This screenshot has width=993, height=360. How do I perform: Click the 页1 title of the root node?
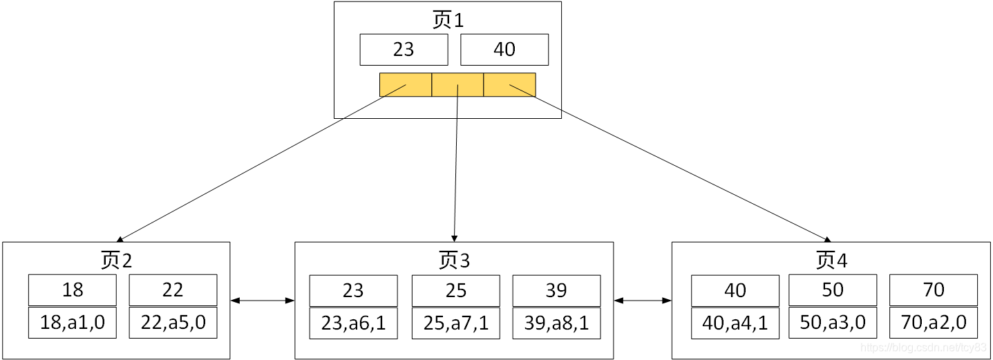point(448,20)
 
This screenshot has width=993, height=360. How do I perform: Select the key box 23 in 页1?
point(404,50)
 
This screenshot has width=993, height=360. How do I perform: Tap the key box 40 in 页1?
point(504,50)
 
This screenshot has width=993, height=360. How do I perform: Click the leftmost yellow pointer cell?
point(406,84)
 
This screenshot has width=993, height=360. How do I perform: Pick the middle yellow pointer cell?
point(457,84)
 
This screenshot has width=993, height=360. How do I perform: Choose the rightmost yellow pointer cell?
point(509,84)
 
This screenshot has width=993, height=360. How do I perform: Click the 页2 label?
point(116,260)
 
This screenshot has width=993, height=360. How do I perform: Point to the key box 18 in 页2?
point(73,290)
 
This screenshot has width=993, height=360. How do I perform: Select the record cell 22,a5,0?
point(173,323)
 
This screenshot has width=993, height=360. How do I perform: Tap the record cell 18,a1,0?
point(73,323)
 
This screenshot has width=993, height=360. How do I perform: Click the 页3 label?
point(454,260)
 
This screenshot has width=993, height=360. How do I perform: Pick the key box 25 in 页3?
point(456,290)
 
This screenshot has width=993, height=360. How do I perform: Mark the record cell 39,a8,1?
point(556,323)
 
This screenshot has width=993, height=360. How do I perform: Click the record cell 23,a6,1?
point(353,323)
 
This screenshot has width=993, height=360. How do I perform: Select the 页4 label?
point(831,260)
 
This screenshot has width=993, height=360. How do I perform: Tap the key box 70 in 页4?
point(934,290)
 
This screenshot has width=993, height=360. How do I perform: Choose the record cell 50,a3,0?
point(833,323)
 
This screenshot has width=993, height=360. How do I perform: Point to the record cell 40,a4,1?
point(735,323)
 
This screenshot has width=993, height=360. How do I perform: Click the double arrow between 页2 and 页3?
point(263,301)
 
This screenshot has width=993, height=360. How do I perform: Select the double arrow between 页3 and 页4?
point(643,301)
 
